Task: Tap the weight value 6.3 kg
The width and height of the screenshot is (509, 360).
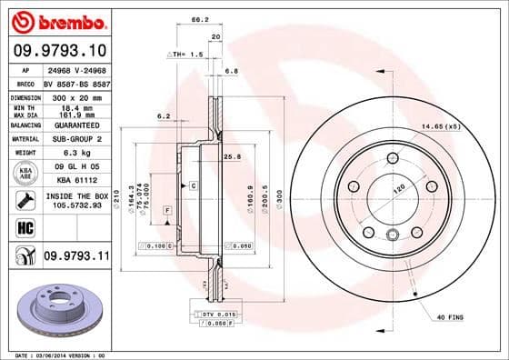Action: click(x=74, y=154)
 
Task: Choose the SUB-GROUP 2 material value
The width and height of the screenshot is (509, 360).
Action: click(x=73, y=138)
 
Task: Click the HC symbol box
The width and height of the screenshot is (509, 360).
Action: click(x=25, y=226)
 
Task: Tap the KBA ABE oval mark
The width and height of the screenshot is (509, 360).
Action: click(x=25, y=172)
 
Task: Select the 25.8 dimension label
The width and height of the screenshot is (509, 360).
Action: click(x=232, y=156)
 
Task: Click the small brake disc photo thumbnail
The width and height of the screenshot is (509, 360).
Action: click(x=55, y=309)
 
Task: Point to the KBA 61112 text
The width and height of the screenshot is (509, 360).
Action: click(x=74, y=181)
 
